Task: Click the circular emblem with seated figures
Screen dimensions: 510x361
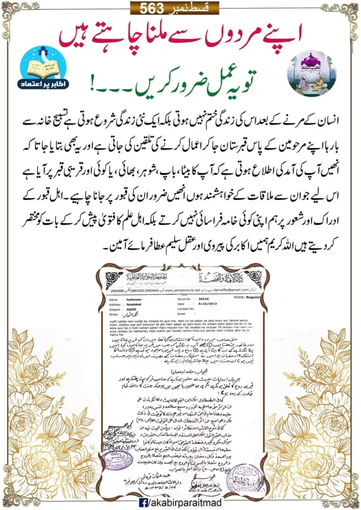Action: [311, 73]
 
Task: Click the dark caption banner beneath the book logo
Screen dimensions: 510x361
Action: [48, 92]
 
